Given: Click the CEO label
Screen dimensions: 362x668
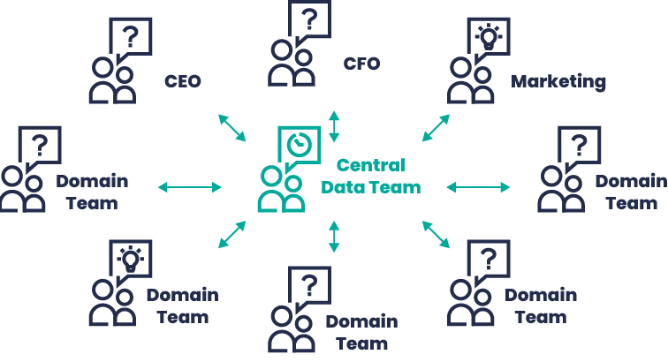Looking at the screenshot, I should [x=183, y=82].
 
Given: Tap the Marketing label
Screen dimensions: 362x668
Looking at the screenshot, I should [x=558, y=82].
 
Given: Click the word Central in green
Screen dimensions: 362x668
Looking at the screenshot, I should [x=370, y=165].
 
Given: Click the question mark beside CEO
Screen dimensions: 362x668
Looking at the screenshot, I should [x=130, y=37].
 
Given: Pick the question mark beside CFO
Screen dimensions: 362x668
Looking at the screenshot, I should [x=308, y=19].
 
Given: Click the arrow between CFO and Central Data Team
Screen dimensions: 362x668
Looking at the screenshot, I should [x=333, y=126].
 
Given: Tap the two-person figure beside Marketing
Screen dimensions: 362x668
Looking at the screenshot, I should [x=467, y=82].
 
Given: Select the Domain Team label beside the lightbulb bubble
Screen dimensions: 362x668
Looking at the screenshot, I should [x=181, y=305].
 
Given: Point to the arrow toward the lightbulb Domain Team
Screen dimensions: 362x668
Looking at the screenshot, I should [x=231, y=235].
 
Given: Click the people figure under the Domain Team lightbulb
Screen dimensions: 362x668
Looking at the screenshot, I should [x=112, y=304].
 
